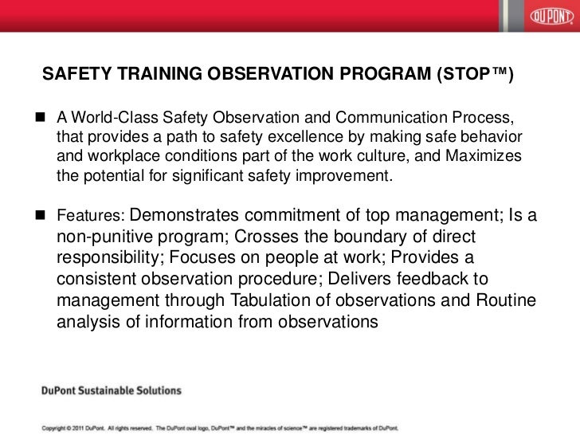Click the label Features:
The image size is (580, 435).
tap(89, 217)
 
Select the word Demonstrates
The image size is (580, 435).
tap(185, 216)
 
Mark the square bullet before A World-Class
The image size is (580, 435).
tap(39, 119)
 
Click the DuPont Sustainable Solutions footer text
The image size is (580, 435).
tap(112, 391)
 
